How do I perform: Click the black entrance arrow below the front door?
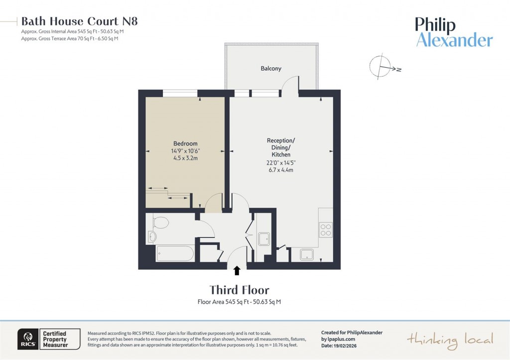click(x=237, y=270)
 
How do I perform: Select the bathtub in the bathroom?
click(x=174, y=253)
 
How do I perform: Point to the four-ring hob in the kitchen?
click(x=325, y=230)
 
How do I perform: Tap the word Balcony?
click(x=271, y=68)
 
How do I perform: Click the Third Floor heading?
click(x=239, y=290)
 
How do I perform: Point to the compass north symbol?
click(x=382, y=67)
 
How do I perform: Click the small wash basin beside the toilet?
click(x=152, y=237)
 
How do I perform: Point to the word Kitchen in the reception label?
click(x=281, y=155)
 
